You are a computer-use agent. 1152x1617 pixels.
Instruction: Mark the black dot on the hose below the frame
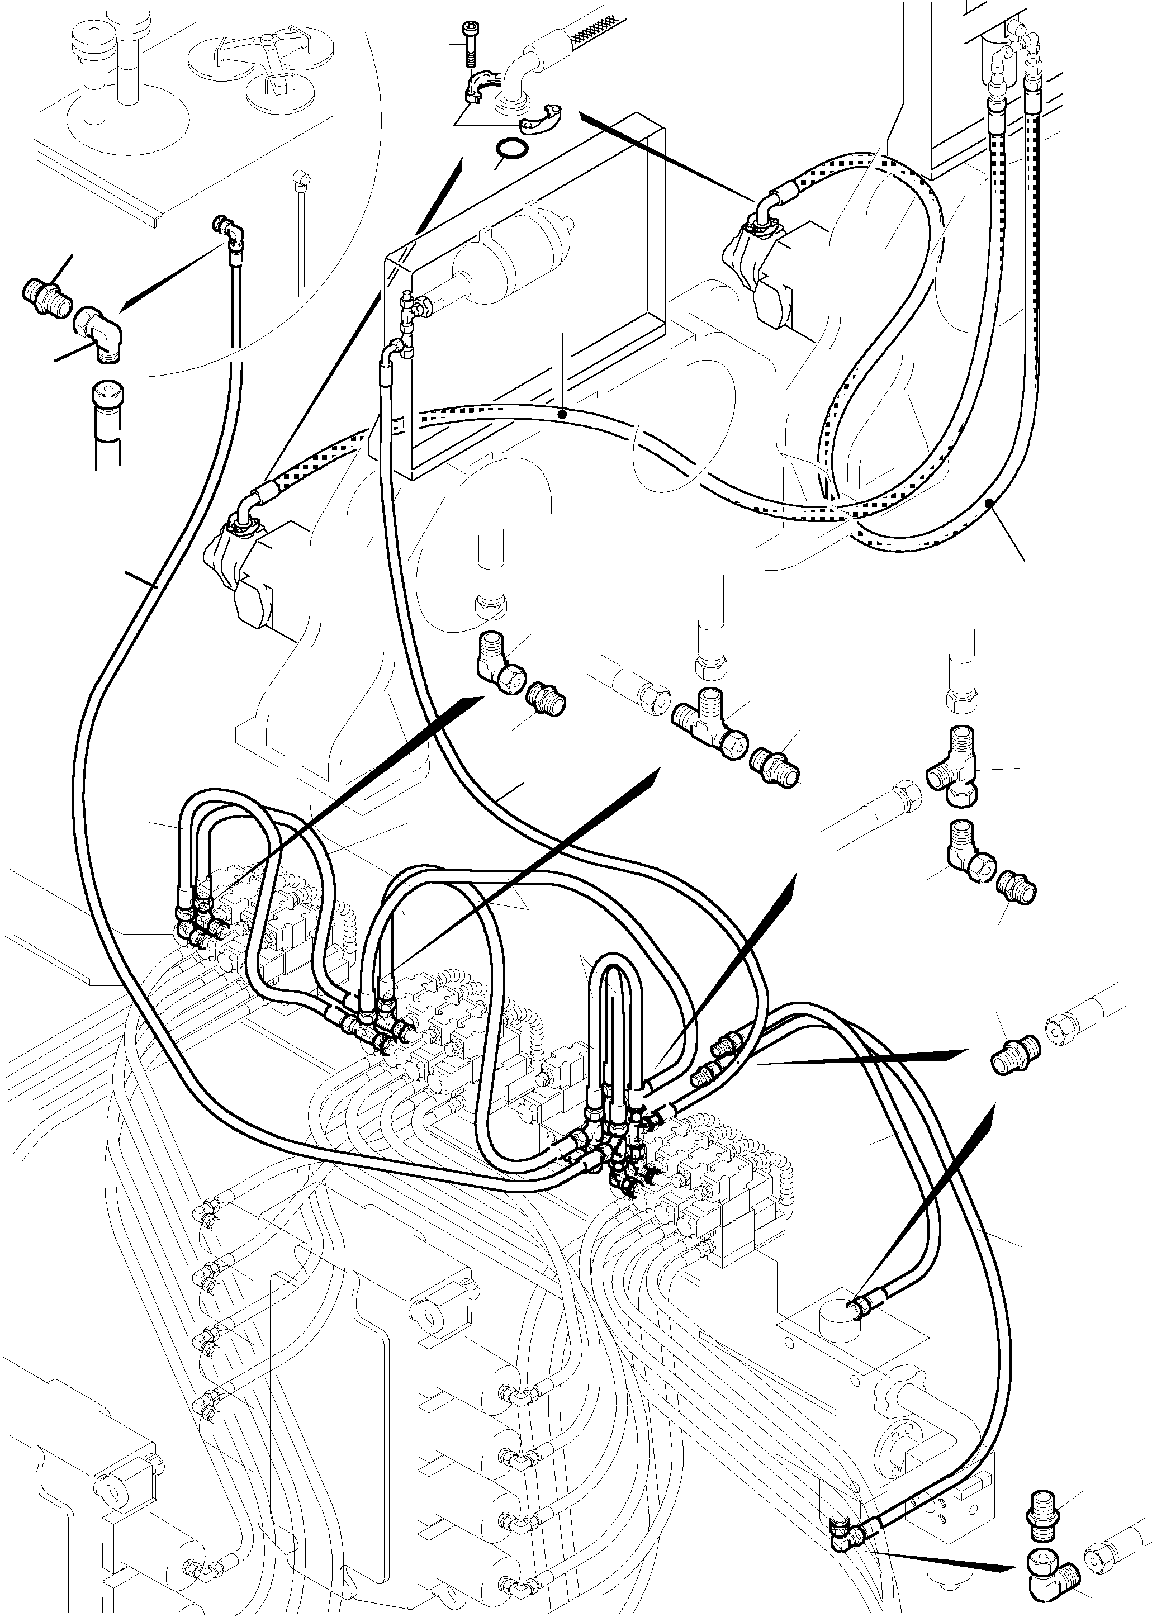click(561, 412)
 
